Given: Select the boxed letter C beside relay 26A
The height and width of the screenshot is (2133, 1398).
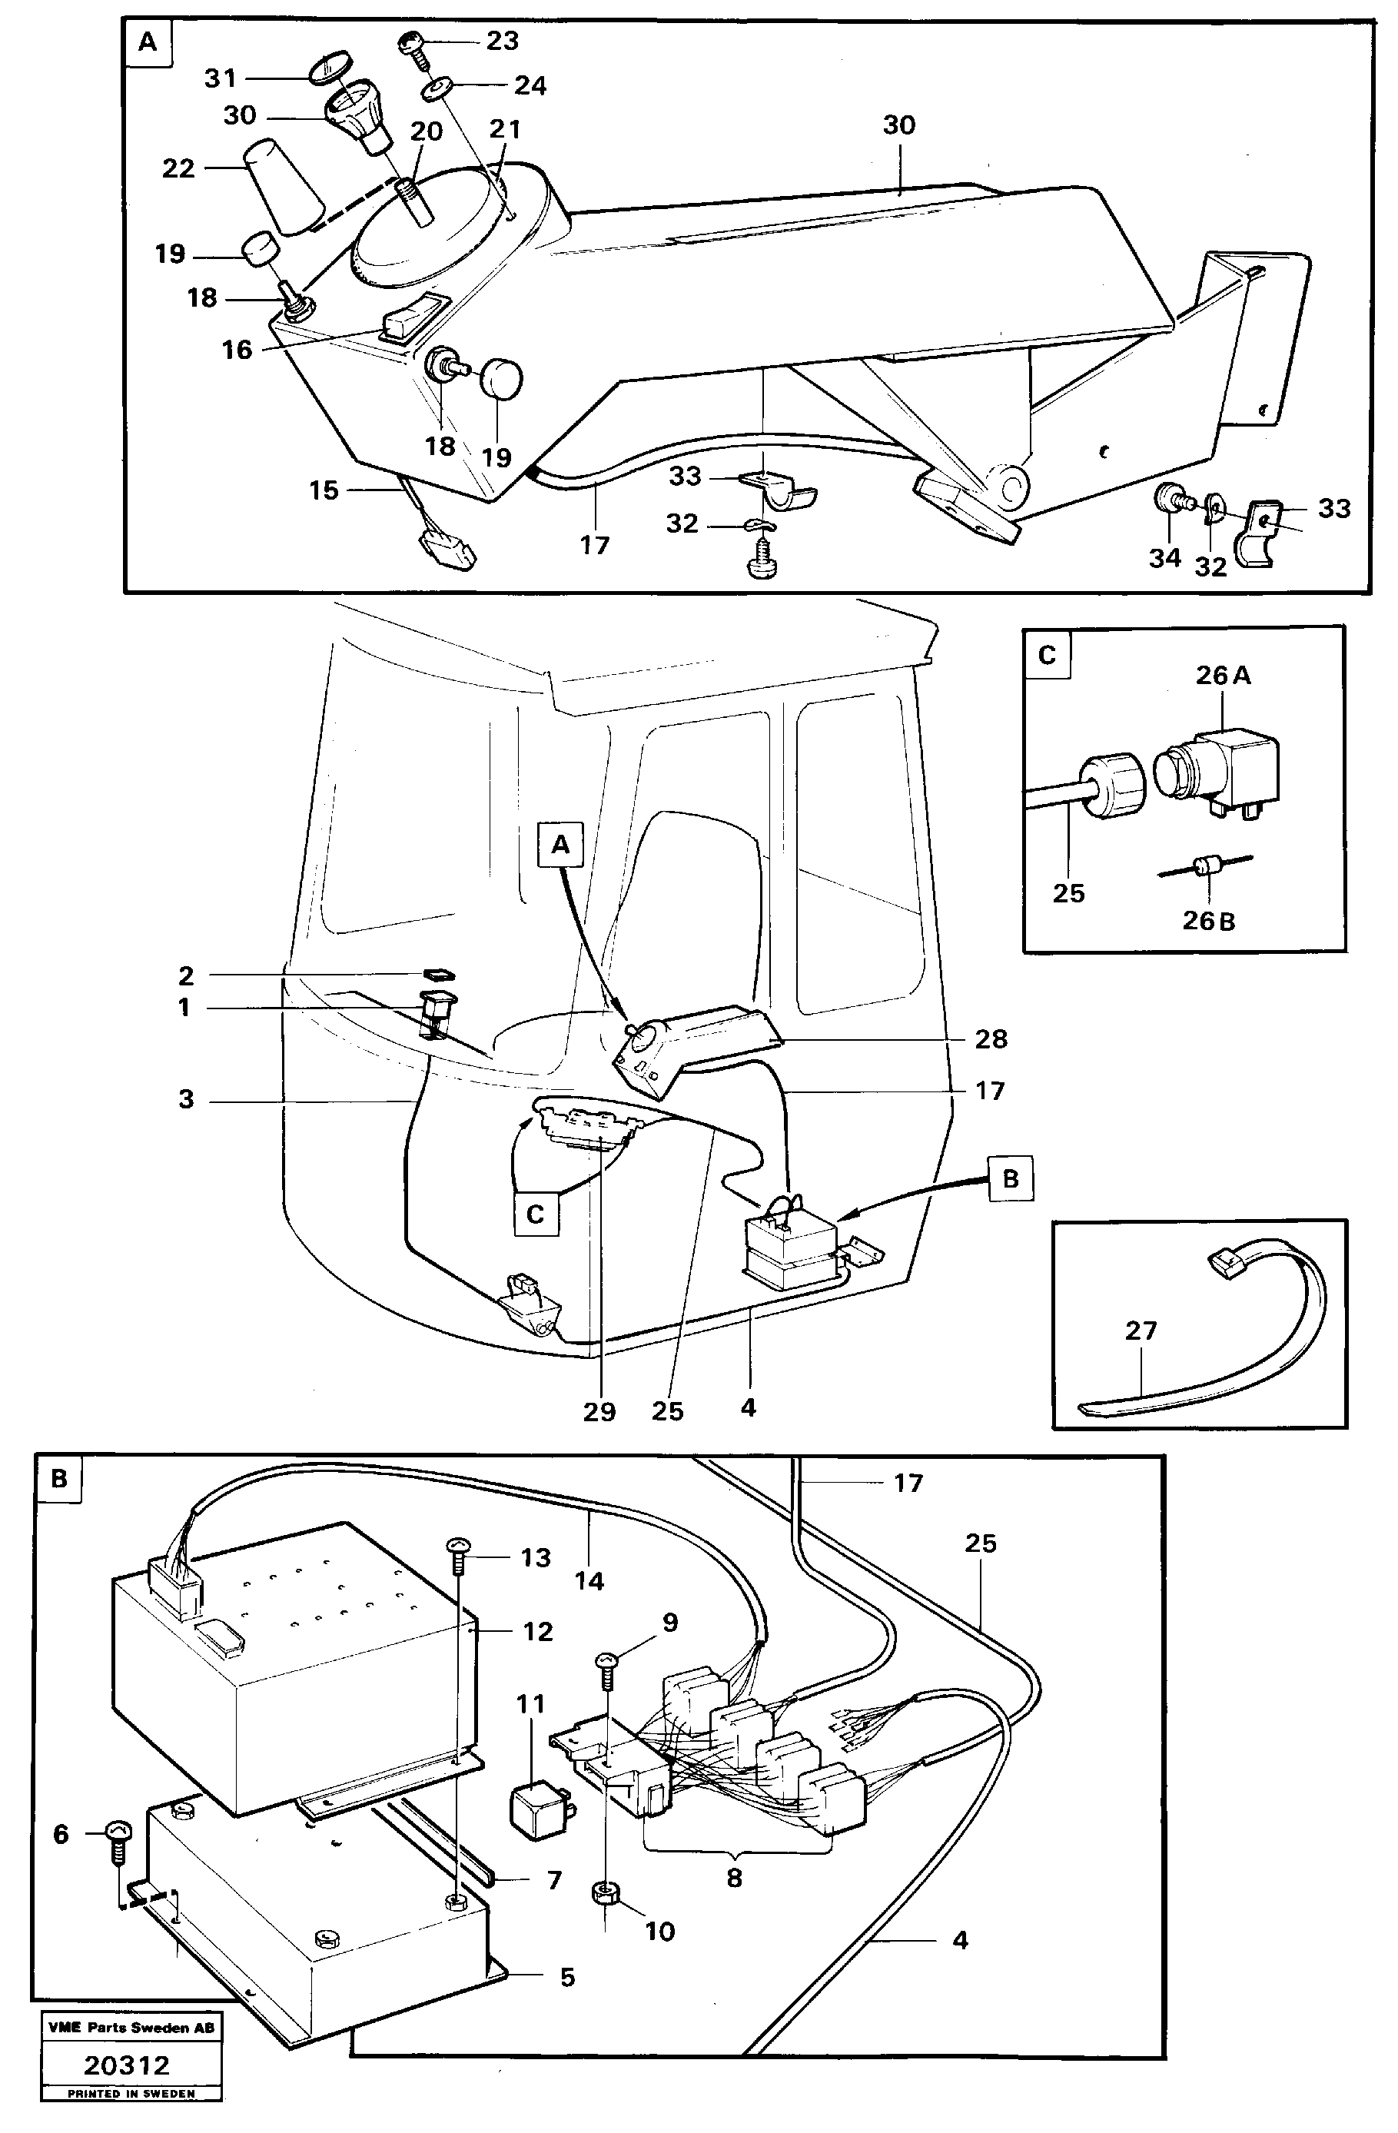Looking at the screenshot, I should click(x=1047, y=654).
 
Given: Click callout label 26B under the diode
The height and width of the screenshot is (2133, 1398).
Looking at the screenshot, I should click(x=1208, y=920).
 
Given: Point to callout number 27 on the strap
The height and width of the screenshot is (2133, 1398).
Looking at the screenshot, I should click(x=1141, y=1330).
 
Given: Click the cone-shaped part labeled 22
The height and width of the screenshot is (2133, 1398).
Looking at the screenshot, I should click(x=285, y=188).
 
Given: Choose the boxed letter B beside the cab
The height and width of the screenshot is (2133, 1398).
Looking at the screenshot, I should click(x=1010, y=1178).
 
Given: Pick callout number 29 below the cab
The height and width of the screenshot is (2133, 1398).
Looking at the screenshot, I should click(x=599, y=1411).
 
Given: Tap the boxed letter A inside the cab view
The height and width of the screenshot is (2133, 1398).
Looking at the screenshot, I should click(x=560, y=844).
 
